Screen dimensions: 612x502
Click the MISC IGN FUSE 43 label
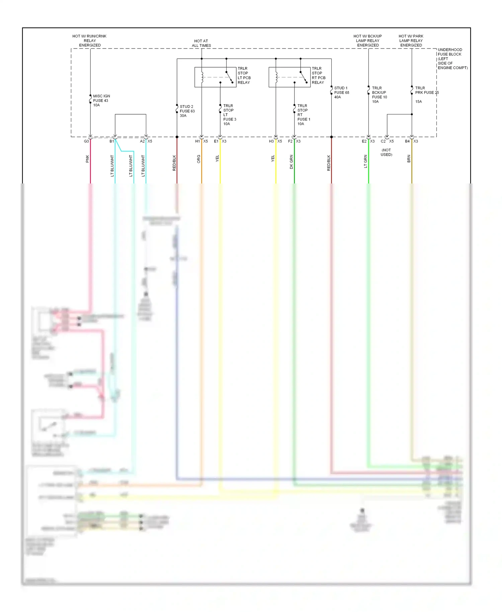(x=101, y=100)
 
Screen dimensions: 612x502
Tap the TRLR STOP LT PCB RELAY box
(x=215, y=77)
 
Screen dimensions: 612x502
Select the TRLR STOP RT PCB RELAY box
(x=289, y=77)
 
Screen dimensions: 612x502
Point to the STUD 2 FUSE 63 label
(x=187, y=111)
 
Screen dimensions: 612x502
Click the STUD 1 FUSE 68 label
(x=341, y=93)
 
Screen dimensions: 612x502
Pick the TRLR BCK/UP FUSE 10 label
(x=379, y=95)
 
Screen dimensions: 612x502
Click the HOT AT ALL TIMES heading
(x=201, y=43)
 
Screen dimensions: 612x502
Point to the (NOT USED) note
(x=386, y=152)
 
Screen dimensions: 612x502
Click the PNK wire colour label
(x=87, y=159)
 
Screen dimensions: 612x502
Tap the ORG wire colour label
(x=198, y=159)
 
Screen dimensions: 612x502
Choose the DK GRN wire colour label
(x=291, y=162)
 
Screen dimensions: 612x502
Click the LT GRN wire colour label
(x=365, y=161)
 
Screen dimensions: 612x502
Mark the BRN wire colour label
(x=409, y=159)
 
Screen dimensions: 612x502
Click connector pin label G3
(x=86, y=141)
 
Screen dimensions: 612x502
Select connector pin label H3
(x=271, y=141)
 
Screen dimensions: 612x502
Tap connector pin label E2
(x=364, y=141)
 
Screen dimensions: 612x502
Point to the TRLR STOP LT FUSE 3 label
(x=230, y=115)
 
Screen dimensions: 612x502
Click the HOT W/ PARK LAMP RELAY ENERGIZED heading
(x=411, y=41)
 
